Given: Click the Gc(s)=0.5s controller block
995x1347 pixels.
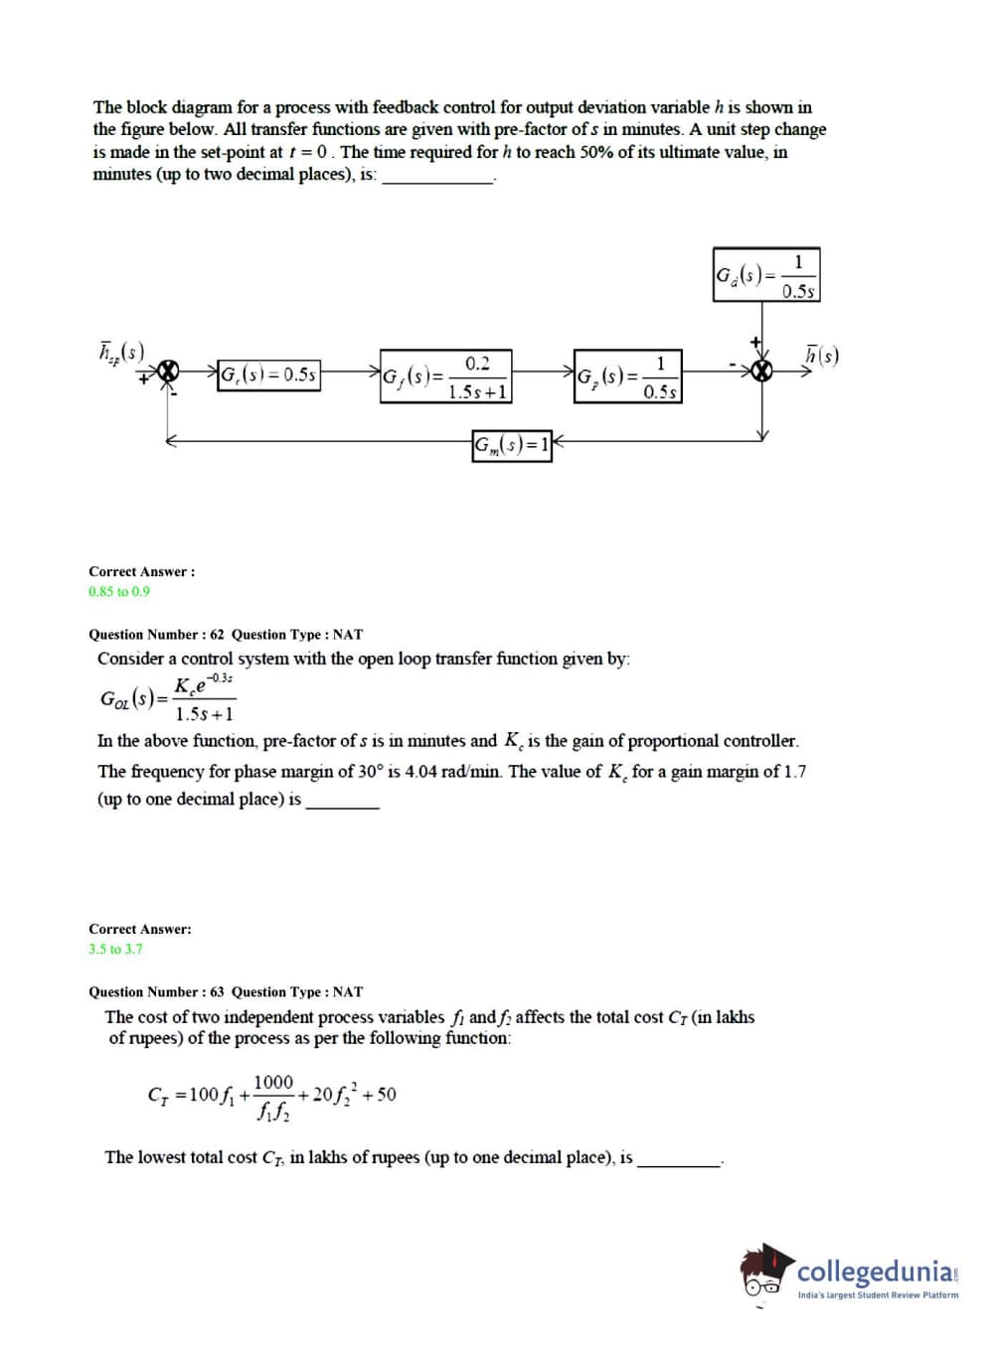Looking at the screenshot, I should coord(268,375).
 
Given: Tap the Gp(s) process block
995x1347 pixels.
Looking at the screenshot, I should coord(628,376).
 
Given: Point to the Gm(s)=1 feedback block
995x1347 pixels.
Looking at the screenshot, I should coord(511,444).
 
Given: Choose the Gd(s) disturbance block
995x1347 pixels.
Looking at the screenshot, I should coord(766,275).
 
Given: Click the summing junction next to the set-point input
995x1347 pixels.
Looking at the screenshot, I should coord(169,371).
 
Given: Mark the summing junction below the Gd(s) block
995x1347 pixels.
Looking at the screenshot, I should coord(762,371).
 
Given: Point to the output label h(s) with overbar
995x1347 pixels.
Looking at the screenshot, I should coord(821,355).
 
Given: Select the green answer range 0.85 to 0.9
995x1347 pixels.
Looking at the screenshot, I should coord(119,591).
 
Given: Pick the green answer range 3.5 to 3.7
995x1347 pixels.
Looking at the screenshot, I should coord(115,949).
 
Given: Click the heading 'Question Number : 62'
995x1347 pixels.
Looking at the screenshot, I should coord(156,634).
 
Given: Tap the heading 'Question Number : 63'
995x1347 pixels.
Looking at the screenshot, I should coord(156,991).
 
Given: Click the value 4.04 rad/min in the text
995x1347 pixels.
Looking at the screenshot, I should coord(452,771).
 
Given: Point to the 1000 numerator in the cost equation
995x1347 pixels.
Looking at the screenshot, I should coord(273,1082).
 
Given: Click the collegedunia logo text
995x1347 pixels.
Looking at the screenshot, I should coord(875,1272).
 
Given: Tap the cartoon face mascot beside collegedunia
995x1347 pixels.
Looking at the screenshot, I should coord(765,1272).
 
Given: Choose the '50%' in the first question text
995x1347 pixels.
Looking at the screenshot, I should coord(596,152).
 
